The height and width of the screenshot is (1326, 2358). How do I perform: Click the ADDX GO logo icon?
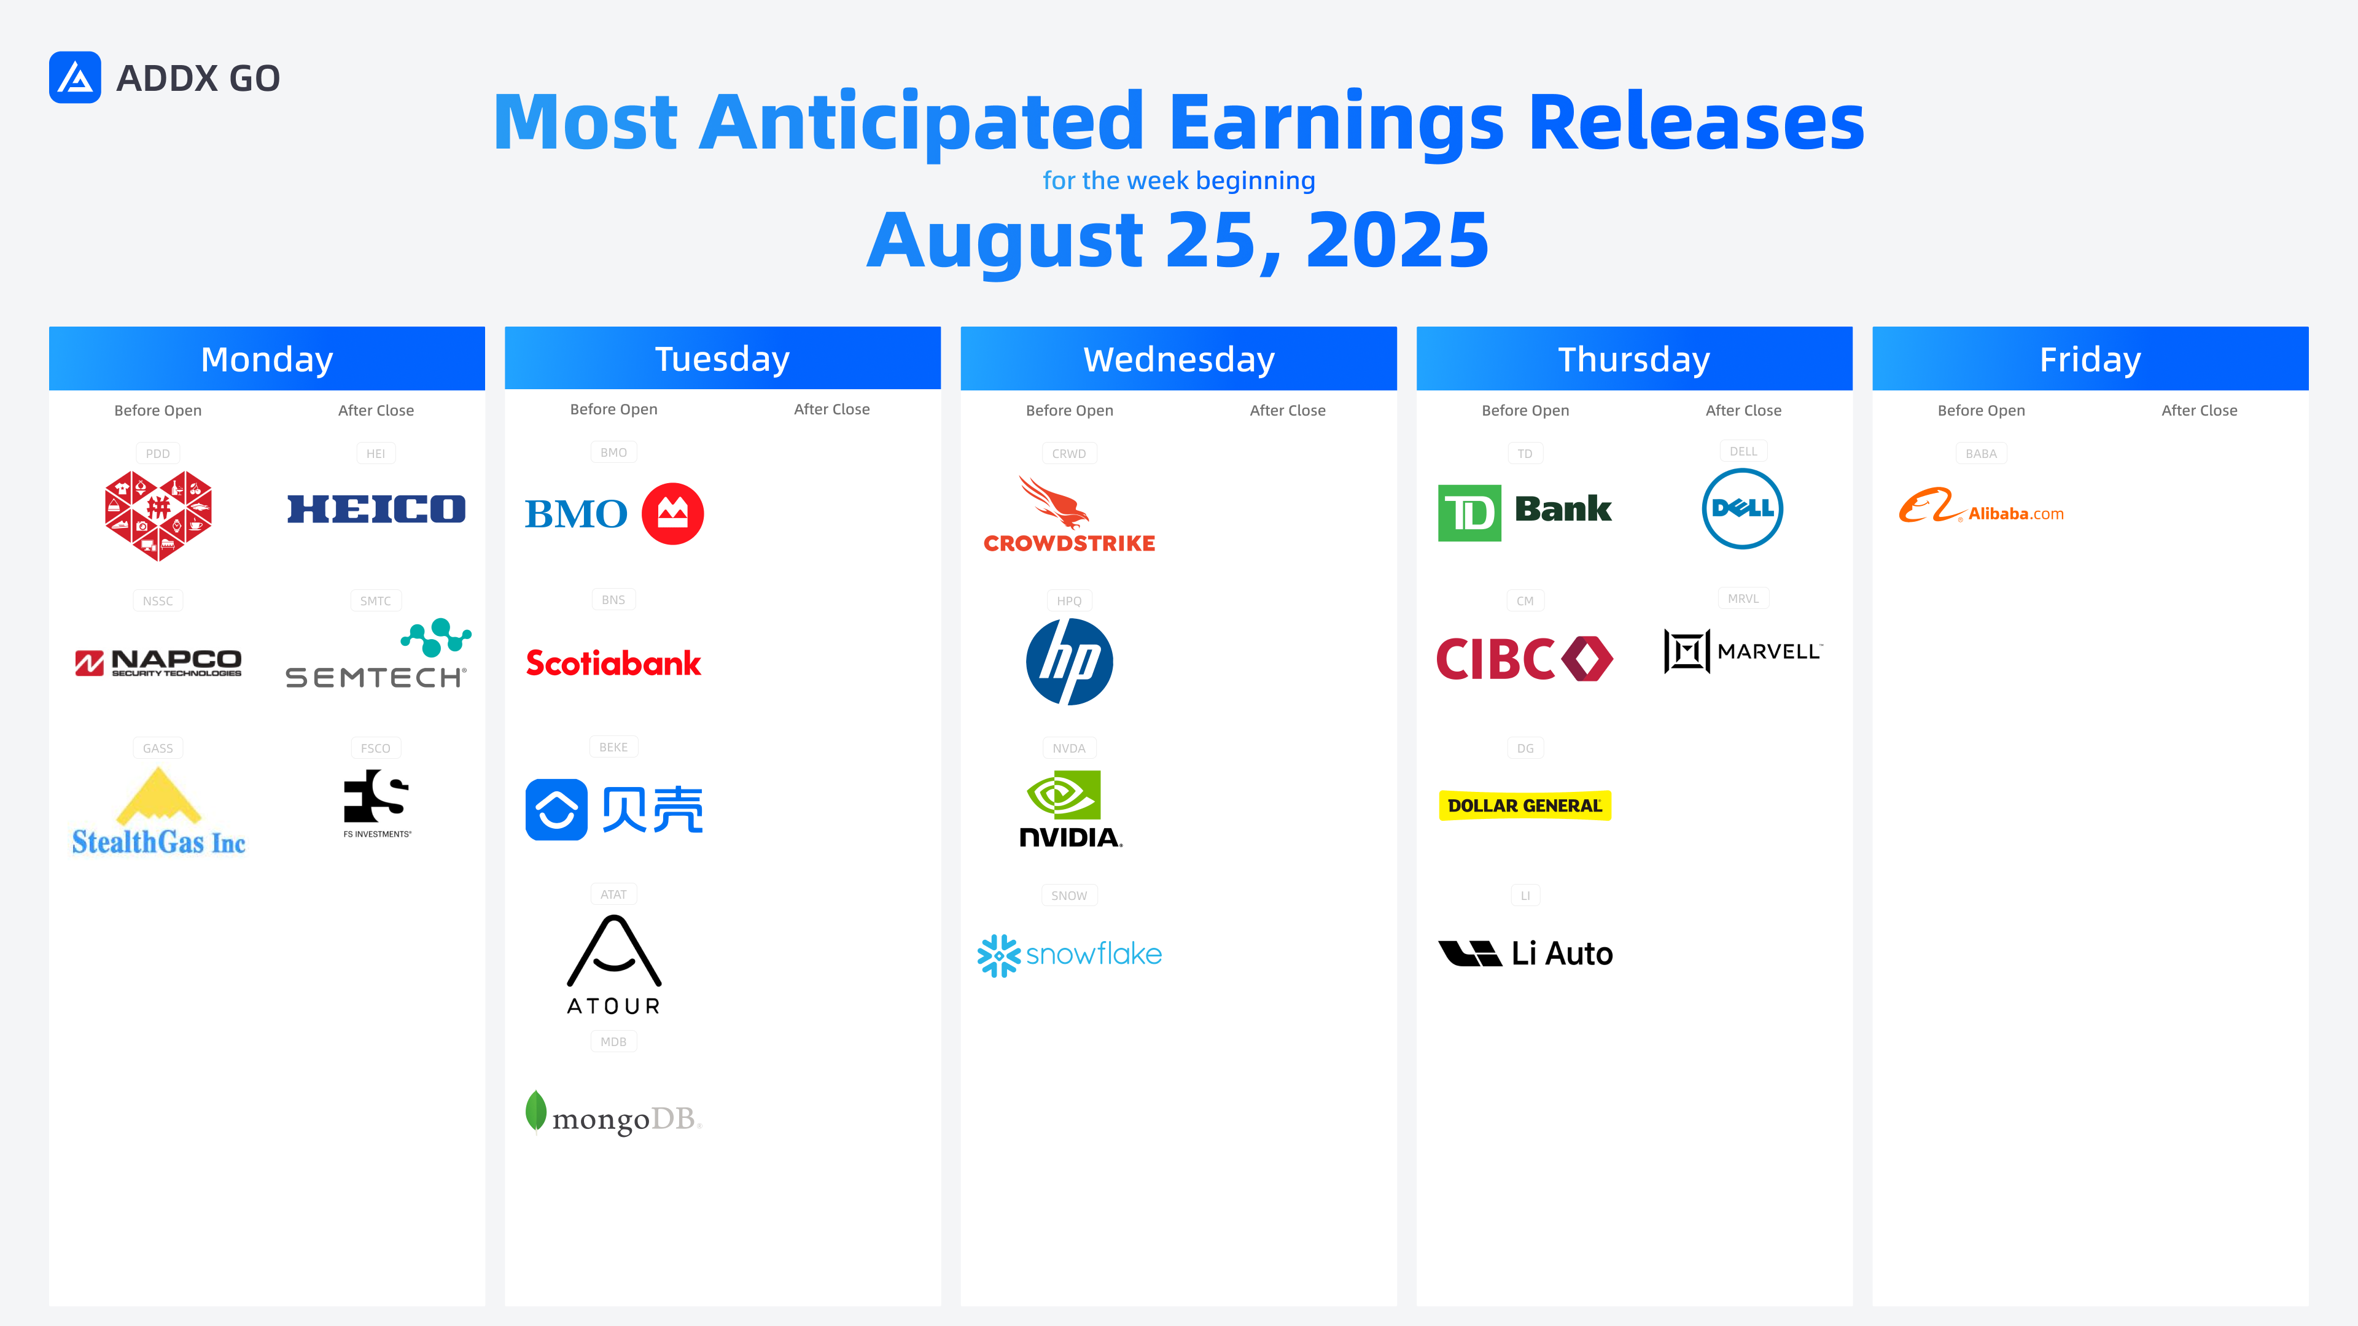75,78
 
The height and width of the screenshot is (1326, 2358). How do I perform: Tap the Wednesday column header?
1178,359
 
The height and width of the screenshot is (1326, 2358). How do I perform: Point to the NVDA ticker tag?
1068,748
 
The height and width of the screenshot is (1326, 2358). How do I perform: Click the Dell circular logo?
1742,509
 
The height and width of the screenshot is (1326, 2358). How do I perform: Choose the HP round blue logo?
1069,661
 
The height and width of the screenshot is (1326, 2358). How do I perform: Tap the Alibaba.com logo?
1981,506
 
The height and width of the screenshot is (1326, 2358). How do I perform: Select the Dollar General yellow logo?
1525,805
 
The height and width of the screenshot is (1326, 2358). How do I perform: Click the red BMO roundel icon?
673,513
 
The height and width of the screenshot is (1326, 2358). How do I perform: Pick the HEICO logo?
376,509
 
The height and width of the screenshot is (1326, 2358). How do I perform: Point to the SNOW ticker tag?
1069,895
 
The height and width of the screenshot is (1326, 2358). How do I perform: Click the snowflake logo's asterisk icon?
998,955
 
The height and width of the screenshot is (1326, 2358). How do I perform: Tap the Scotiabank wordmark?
613,662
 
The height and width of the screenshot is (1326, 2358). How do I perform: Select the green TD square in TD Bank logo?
1469,513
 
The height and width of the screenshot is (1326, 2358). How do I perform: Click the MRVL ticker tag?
1743,599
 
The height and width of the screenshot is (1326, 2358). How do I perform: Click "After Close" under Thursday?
1743,410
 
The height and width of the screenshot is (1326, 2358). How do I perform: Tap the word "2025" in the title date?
1397,240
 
